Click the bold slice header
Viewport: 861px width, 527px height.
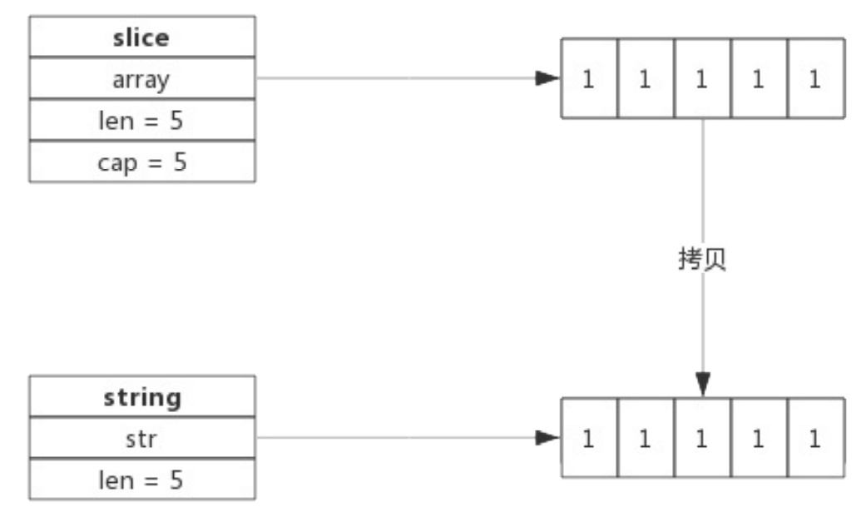click(x=141, y=38)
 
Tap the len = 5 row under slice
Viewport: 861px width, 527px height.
click(x=141, y=121)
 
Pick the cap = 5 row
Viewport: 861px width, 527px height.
click(x=142, y=162)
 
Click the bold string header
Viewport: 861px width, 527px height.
click(x=142, y=397)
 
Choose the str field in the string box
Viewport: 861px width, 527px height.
click(x=141, y=439)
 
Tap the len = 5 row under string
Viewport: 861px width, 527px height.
click(x=141, y=480)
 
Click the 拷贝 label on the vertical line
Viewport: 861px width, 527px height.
click(x=702, y=259)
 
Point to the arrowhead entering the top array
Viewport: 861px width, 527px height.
click(x=547, y=78)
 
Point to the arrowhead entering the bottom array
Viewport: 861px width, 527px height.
click(x=547, y=437)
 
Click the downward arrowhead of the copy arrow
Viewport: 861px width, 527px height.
click(x=703, y=384)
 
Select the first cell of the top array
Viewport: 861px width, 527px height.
click(x=589, y=78)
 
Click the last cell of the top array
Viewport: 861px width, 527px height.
click(x=816, y=78)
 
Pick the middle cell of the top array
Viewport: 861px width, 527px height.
click(x=703, y=78)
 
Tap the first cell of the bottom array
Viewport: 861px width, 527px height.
click(x=589, y=437)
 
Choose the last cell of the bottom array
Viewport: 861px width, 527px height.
click(x=816, y=437)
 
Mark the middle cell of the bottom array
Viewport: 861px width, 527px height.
click(x=703, y=437)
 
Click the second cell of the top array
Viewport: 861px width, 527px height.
click(x=646, y=78)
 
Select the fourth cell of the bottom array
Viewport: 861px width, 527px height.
click(x=760, y=437)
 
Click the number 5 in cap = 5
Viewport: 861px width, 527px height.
click(x=181, y=162)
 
